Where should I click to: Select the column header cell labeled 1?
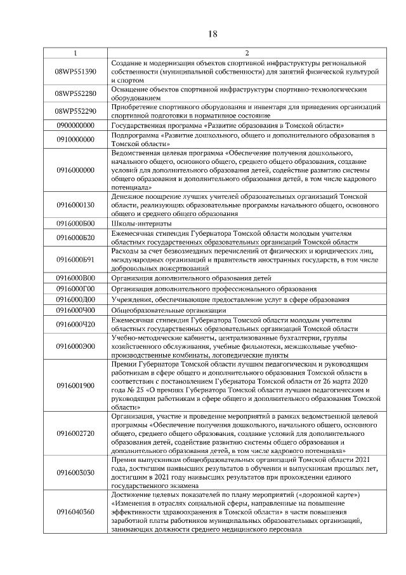point(75,53)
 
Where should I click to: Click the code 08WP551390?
point(75,72)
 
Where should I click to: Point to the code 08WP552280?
point(75,94)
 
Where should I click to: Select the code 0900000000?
point(75,126)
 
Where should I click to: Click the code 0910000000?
point(75,139)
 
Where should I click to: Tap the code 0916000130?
point(75,205)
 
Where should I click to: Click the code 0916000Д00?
point(75,299)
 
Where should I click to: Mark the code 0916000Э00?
point(75,346)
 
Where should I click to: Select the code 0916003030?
point(75,473)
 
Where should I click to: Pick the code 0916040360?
point(75,512)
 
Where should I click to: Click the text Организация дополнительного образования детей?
point(191,278)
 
